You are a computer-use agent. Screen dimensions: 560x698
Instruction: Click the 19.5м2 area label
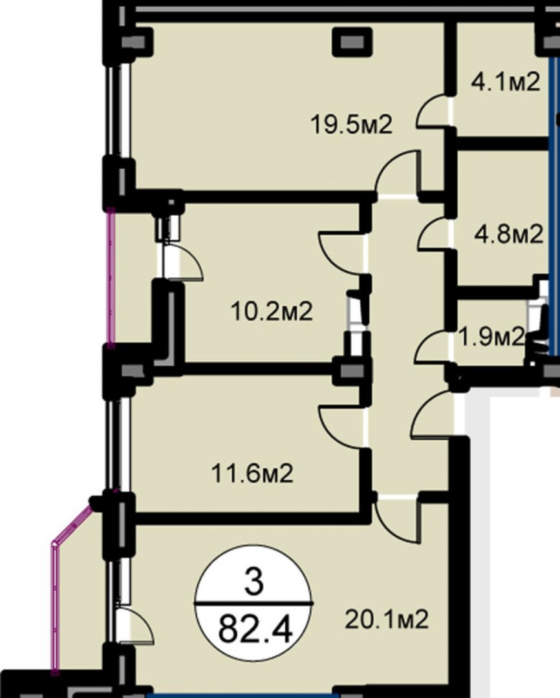(352, 125)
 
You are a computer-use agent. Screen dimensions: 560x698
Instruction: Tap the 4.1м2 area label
(506, 81)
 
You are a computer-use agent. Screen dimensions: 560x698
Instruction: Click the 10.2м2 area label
(272, 311)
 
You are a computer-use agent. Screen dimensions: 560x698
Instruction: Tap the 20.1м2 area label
(387, 619)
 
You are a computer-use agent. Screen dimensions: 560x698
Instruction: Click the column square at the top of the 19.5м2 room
(352, 42)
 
